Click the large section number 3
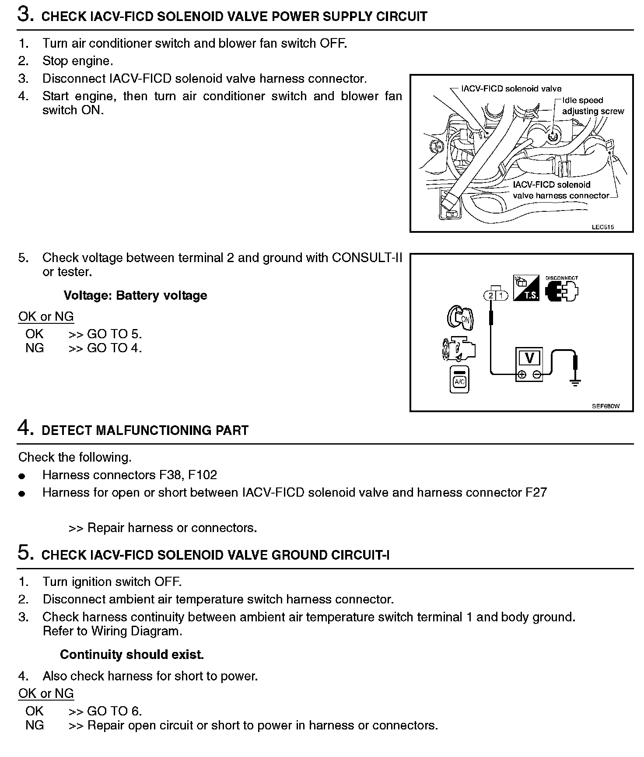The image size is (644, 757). (25, 14)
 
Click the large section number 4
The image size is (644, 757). (25, 428)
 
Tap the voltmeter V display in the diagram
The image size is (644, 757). (529, 358)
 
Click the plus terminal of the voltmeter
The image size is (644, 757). (521, 375)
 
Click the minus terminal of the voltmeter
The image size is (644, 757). (537, 375)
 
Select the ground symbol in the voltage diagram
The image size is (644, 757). (575, 383)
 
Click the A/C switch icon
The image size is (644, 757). (459, 379)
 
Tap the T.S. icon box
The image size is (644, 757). (526, 287)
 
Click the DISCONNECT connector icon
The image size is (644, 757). (562, 289)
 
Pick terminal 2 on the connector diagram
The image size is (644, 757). (491, 296)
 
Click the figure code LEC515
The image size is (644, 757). (602, 227)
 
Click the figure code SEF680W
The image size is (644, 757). (605, 406)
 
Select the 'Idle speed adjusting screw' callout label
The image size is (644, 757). (593, 106)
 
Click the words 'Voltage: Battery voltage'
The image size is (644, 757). (135, 295)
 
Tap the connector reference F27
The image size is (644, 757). (536, 493)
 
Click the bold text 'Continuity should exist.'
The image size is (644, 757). (132, 655)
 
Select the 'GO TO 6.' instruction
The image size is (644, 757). (115, 711)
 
